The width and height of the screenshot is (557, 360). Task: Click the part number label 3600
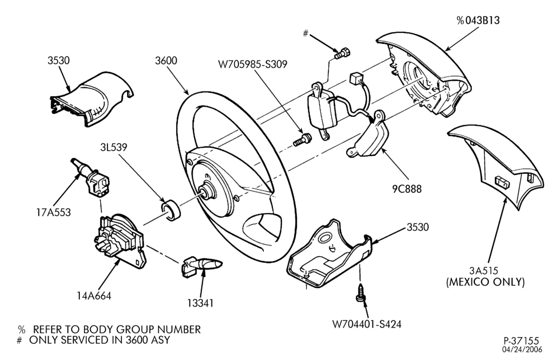tap(166, 60)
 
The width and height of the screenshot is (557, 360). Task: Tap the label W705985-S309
tap(253, 64)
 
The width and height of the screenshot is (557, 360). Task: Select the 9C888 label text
tap(407, 189)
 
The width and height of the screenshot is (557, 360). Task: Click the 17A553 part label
tap(54, 212)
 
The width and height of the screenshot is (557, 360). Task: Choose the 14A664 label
tap(94, 295)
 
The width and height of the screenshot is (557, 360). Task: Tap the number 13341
tap(200, 303)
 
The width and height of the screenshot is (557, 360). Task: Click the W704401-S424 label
tap(367, 324)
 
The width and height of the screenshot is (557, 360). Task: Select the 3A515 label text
tap(484, 271)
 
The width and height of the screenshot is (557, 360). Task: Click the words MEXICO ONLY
tap(485, 282)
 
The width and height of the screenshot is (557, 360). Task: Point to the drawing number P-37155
tap(521, 341)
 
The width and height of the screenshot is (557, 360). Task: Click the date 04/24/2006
tap(522, 350)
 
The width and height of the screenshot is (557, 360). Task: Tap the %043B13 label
tap(478, 21)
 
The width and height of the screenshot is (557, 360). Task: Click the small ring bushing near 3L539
tap(171, 210)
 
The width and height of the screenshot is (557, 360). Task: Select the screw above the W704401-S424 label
tap(361, 292)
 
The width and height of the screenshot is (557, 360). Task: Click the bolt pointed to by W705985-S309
tap(302, 139)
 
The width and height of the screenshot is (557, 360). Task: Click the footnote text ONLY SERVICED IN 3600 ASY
tap(100, 340)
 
